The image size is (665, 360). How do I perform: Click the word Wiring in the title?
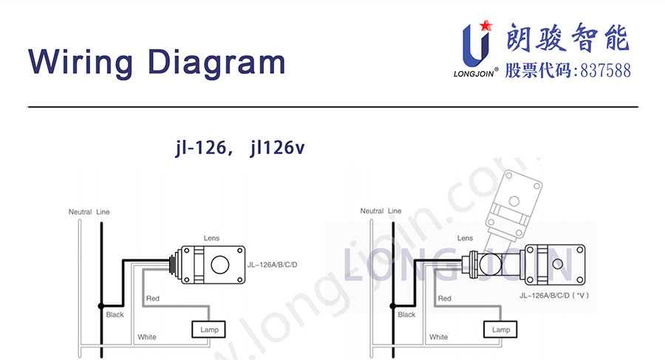81,63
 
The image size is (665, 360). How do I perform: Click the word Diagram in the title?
216,63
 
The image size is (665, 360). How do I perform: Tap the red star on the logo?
486,25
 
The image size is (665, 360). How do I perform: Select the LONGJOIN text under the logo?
474,74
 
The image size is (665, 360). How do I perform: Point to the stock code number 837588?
605,70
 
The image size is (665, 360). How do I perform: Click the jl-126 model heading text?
201,147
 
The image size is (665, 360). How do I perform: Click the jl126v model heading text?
277,147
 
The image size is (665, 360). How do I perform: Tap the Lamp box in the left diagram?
208,330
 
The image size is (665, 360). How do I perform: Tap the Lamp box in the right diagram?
500,330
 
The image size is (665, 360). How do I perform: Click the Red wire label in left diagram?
153,299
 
